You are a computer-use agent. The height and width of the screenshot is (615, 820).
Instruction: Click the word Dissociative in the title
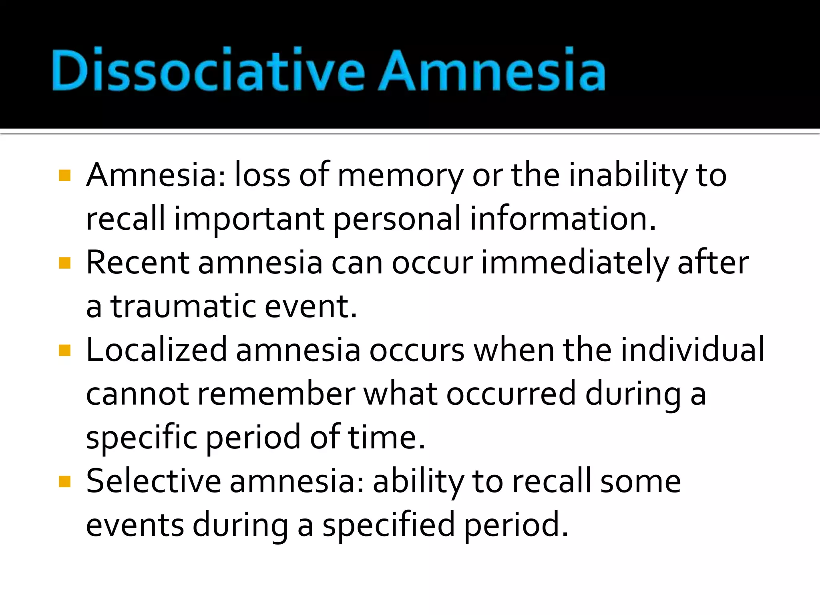click(208, 70)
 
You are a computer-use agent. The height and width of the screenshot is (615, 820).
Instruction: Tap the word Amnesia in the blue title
click(492, 70)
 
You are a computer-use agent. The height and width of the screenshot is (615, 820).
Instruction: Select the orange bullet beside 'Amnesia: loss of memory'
click(64, 175)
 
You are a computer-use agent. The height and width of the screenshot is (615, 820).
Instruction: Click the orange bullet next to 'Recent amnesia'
click(64, 263)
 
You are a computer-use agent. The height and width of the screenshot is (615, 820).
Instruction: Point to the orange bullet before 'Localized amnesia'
click(64, 350)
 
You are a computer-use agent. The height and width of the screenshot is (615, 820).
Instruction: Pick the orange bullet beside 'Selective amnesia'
click(64, 481)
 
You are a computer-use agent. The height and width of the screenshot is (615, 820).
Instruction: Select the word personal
click(397, 219)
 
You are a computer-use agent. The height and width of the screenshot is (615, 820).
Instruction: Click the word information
click(563, 219)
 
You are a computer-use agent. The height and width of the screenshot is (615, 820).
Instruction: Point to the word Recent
click(137, 263)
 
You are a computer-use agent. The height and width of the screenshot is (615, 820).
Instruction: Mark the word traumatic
click(183, 307)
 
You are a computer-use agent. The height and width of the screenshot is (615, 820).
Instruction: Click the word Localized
click(157, 350)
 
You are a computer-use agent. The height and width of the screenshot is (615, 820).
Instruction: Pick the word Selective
click(153, 481)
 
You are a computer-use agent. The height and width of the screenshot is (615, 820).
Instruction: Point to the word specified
click(389, 525)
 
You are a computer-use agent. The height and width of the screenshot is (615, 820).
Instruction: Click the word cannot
click(137, 394)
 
